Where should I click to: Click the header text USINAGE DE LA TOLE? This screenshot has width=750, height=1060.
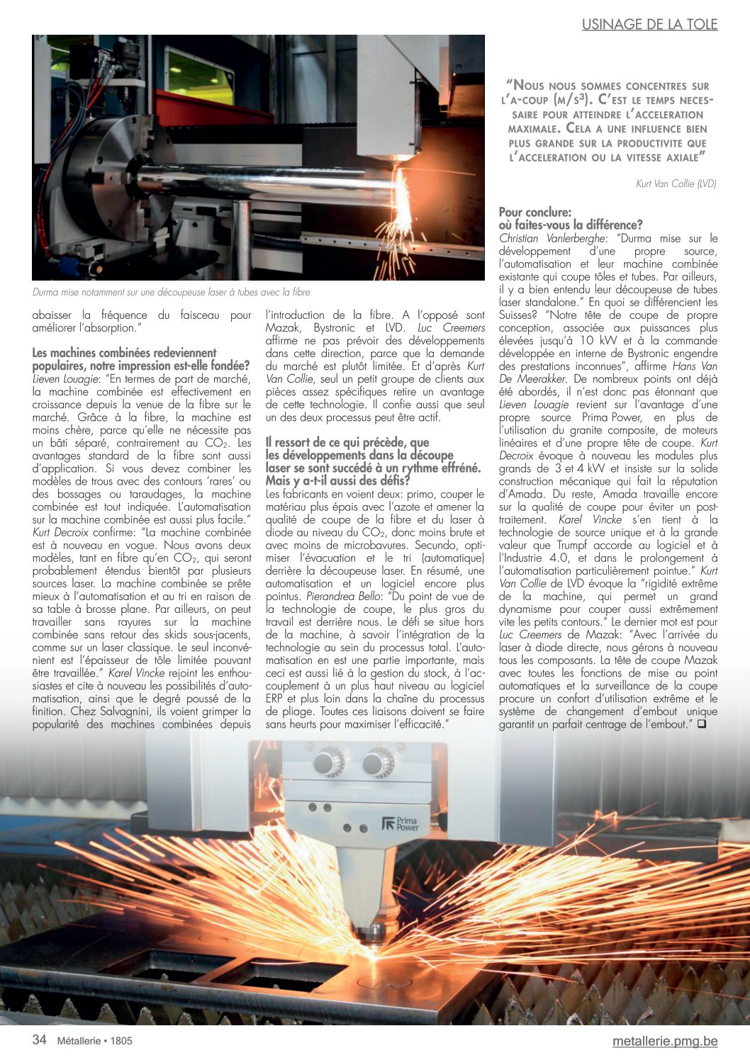[649, 25]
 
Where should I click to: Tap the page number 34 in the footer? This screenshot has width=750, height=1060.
[40, 1039]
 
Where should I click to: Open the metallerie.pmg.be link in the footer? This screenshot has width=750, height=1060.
[665, 1041]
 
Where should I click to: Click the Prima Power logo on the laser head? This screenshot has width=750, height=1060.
[401, 824]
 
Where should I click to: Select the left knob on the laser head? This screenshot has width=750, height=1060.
[328, 763]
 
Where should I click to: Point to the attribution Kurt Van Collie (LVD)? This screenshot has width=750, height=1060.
[676, 184]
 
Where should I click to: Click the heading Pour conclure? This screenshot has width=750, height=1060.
[534, 212]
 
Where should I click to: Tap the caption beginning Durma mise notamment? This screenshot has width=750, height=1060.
[171, 292]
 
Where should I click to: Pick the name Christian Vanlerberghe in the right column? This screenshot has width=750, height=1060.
[552, 239]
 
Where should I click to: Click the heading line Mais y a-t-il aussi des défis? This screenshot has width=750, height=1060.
[337, 482]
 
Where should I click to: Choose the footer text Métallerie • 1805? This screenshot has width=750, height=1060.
[94, 1041]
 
